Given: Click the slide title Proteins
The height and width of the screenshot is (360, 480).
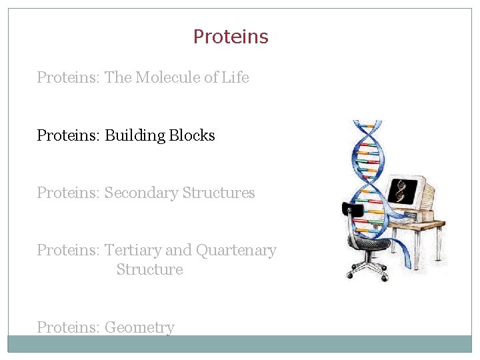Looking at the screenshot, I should tap(231, 37).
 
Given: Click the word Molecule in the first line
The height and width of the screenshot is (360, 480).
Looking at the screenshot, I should tap(167, 77).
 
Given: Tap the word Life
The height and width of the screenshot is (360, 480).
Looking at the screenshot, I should tap(235, 77).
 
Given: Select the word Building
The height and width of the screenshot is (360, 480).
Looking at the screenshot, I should tap(135, 135).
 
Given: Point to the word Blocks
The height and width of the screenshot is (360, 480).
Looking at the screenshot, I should tap(192, 135).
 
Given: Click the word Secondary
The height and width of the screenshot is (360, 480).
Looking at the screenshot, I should tap(141, 193).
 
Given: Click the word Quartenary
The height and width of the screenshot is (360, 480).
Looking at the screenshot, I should tap(236, 251).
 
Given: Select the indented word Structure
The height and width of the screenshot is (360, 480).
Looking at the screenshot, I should tap(149, 270).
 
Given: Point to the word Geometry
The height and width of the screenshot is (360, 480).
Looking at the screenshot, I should tap(139, 328).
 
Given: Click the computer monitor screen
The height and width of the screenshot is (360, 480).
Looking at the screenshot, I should tap(402, 191).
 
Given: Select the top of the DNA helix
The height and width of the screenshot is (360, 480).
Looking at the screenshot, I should tap(367, 125).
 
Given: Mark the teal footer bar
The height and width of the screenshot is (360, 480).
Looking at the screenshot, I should tap(240, 343).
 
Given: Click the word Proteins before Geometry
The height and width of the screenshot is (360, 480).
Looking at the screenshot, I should tap(68, 327).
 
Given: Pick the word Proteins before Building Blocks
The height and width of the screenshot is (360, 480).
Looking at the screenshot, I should tap(68, 135).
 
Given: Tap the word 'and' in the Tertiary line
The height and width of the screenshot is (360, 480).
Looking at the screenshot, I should tap(178, 251).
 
